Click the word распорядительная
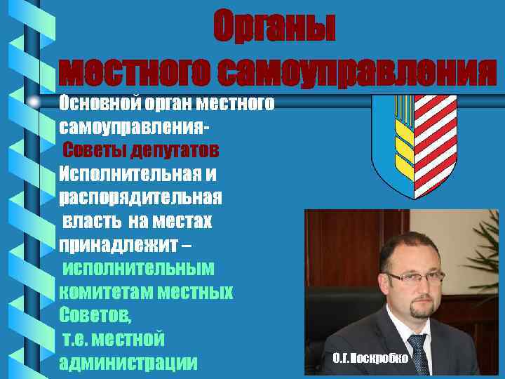coord(140,197)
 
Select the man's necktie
coord(419,354)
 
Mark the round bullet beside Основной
coord(34,103)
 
